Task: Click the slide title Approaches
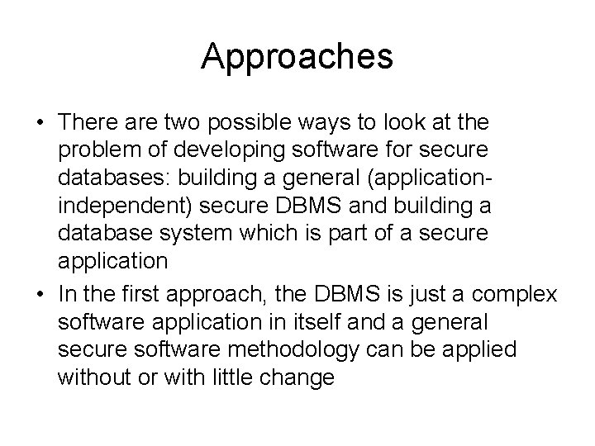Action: (297, 55)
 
